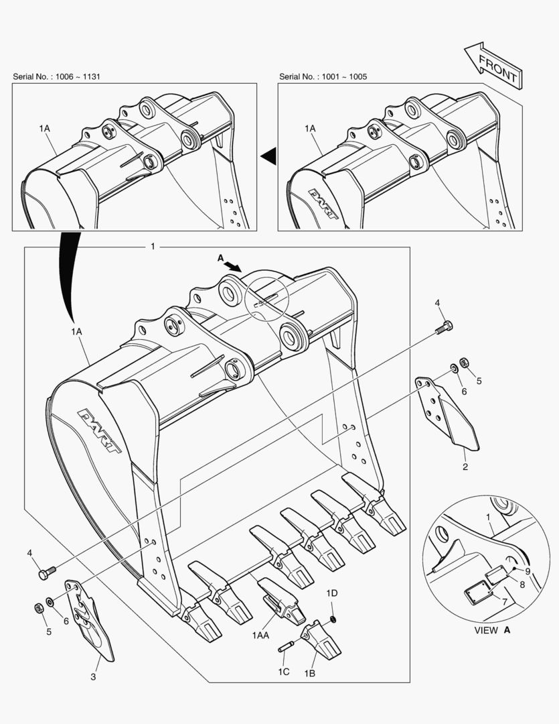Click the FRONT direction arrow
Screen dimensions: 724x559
pos(492,66)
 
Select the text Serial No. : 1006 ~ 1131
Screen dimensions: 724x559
pos(57,76)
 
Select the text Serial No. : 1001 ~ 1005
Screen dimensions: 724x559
pos(323,76)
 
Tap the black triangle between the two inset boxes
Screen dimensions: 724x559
pos(268,156)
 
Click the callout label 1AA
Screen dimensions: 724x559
pos(261,634)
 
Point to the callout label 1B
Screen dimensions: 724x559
pos(311,672)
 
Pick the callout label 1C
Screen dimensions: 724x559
pos(284,672)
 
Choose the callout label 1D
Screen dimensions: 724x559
pos(331,593)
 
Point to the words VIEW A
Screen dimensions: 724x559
pos(492,630)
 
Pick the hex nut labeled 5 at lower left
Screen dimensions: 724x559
pos(39,607)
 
